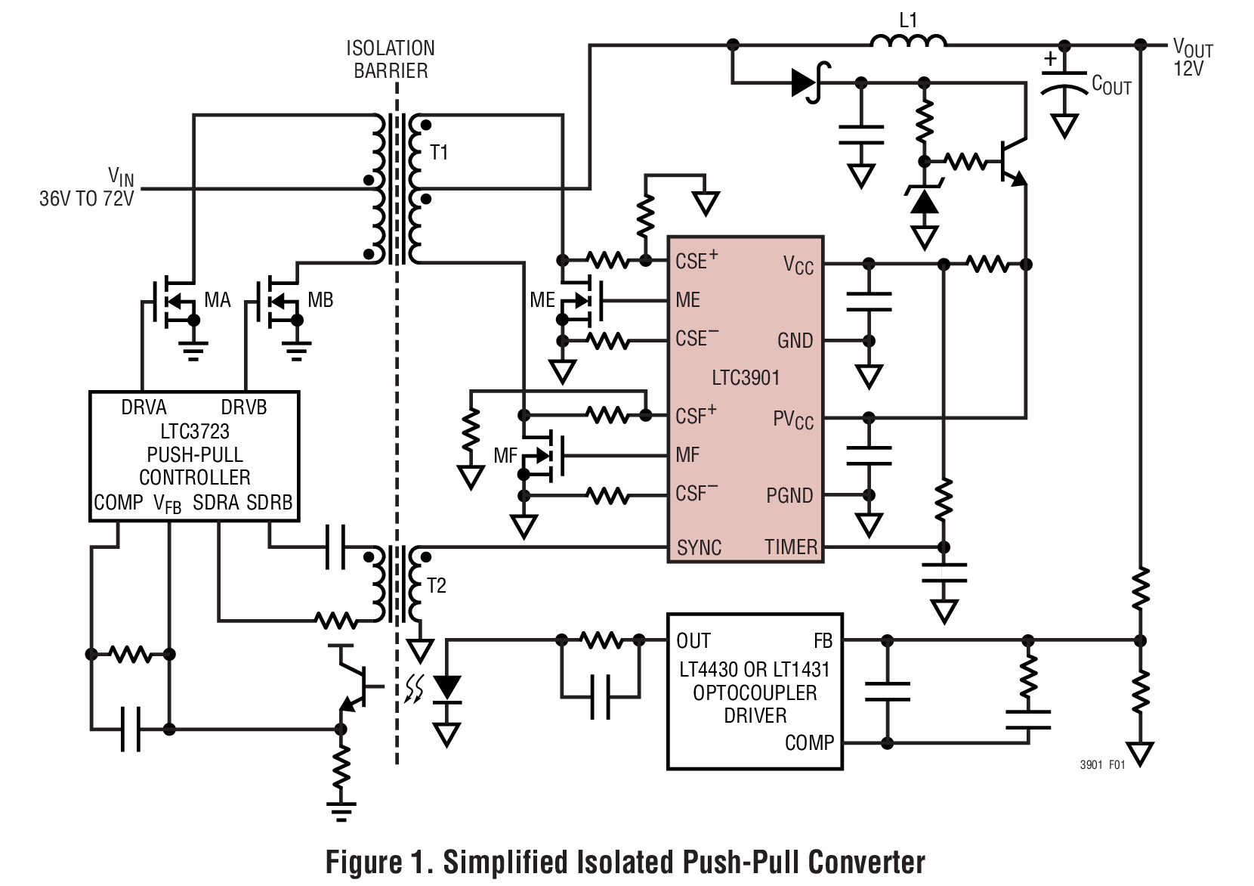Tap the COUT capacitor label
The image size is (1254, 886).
[x=1110, y=85]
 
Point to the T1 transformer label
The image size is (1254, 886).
[x=439, y=153]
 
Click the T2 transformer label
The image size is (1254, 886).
[x=436, y=586]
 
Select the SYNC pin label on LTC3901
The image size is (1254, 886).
[x=699, y=547]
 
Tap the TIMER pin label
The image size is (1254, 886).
[x=790, y=547]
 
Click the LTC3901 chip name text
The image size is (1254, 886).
[x=745, y=377]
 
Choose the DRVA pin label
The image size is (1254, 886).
[x=144, y=407]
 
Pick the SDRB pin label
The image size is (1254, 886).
[x=269, y=503]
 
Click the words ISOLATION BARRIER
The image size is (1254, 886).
[x=391, y=60]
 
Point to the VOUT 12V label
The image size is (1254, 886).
[x=1192, y=57]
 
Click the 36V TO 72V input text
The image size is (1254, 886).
[x=86, y=199]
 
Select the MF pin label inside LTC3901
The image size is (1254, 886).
[x=687, y=455]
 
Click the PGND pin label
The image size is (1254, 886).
[x=789, y=496]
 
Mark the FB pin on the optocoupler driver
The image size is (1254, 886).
[x=823, y=641]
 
